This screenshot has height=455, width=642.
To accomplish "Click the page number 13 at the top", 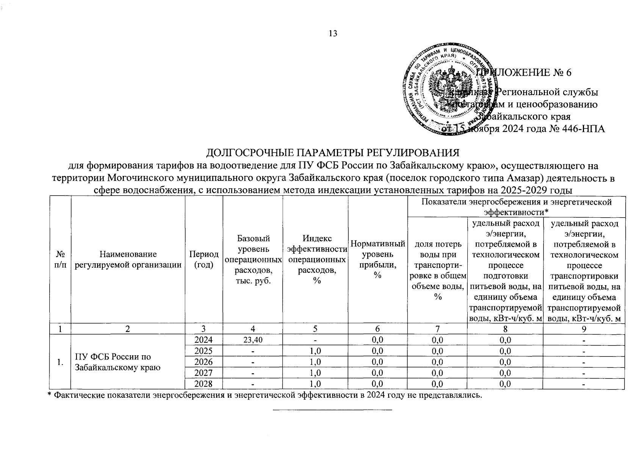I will point(333,33).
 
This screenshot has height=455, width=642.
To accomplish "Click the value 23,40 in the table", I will point(253,340).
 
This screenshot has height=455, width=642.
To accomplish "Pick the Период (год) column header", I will point(204,259).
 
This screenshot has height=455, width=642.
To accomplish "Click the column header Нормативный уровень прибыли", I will point(377,259).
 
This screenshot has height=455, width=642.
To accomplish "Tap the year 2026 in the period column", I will point(204,362).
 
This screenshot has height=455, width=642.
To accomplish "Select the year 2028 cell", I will point(204,384).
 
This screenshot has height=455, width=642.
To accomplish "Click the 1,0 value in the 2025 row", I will point(315,351).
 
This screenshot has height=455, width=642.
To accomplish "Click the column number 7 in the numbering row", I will point(437,329).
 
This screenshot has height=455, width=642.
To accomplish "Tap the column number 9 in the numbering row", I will point(584,329).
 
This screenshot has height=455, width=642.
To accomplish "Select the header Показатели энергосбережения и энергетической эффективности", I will point(516,207).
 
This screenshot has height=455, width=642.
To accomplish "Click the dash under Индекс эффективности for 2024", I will point(315,340).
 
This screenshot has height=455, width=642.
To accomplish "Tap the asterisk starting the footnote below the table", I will point(49,395).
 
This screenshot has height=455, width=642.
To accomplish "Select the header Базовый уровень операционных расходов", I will point(253,259).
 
